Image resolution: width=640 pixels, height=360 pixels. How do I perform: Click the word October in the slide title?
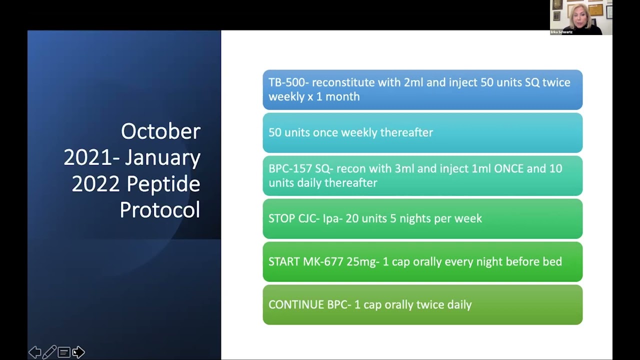(x=160, y=131)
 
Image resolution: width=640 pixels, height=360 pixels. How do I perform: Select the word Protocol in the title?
(x=160, y=210)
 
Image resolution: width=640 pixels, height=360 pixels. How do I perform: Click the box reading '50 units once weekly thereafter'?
(x=422, y=132)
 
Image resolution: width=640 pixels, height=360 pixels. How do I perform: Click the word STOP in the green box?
(x=281, y=218)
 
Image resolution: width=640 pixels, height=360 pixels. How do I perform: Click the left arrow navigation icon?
(x=34, y=352)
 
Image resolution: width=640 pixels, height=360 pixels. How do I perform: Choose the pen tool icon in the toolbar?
(x=49, y=352)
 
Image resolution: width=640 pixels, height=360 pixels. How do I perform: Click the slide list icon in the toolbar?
(x=64, y=352)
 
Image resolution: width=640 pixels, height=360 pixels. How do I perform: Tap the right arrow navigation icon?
(x=79, y=352)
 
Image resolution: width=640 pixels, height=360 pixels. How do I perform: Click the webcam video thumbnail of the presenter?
(x=581, y=17)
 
